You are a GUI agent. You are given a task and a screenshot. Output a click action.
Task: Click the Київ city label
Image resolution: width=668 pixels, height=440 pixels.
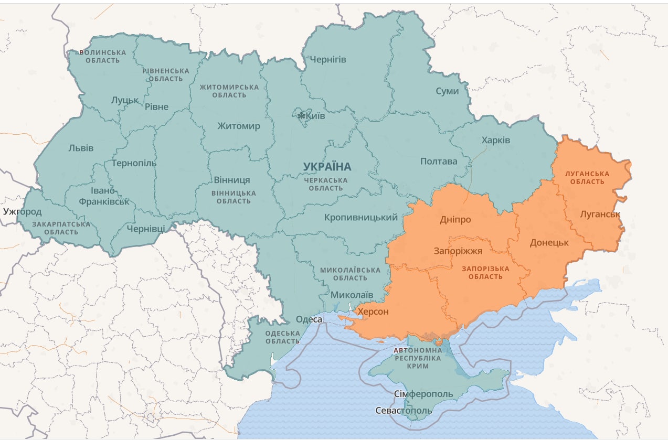click(x=315, y=116)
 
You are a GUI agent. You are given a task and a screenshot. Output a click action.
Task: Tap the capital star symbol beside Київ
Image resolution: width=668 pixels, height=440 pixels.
click(x=301, y=115)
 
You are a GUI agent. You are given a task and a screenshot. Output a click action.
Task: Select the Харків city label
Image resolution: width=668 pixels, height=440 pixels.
click(x=495, y=141)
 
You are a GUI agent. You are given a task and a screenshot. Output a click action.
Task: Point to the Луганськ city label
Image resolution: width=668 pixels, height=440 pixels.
click(x=600, y=214)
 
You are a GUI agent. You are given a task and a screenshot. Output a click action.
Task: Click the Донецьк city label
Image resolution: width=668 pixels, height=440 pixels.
click(x=549, y=243)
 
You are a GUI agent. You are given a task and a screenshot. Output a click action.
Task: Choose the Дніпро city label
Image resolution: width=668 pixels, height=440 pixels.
click(x=455, y=220)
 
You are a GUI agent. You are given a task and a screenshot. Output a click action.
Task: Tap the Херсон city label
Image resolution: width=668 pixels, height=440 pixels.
click(x=373, y=312)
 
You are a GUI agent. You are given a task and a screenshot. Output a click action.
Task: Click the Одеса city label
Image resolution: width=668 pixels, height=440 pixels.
click(x=309, y=319)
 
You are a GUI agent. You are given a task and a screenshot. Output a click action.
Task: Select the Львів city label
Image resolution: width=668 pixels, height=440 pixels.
click(x=81, y=148)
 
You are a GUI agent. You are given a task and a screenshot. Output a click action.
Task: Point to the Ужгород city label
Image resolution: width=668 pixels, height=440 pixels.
click(x=22, y=212)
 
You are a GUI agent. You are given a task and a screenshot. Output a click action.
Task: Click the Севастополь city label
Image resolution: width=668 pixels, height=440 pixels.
click(x=404, y=411)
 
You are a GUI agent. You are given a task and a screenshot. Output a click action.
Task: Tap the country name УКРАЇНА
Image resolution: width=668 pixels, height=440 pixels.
click(x=327, y=167)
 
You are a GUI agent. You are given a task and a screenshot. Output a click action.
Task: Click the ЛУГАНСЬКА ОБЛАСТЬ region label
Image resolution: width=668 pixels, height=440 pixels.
click(x=587, y=177)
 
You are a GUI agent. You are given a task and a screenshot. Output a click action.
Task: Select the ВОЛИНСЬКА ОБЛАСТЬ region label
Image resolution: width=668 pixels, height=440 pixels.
click(x=103, y=57)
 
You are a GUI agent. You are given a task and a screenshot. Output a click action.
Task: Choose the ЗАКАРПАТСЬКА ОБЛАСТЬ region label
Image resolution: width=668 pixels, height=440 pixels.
click(x=61, y=228)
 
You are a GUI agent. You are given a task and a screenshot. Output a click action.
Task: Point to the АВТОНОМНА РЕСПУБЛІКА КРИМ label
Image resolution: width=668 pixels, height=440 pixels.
click(x=417, y=358)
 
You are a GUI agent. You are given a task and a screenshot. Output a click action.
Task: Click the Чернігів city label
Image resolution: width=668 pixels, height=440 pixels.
click(x=327, y=59)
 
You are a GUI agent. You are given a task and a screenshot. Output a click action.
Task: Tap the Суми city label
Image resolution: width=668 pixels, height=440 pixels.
click(x=447, y=91)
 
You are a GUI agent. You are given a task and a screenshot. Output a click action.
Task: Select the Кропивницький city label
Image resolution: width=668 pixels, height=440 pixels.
click(x=361, y=217)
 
